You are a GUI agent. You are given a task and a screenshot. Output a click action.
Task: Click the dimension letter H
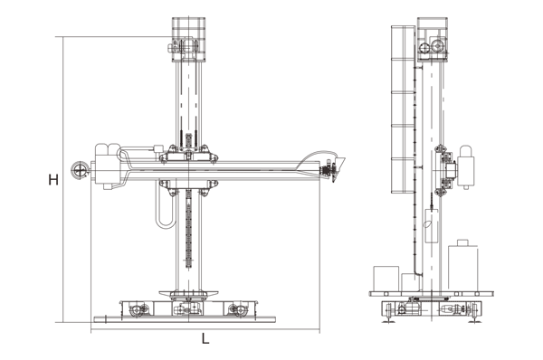point(53,180)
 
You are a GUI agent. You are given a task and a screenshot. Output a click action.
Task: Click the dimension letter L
point(205,338)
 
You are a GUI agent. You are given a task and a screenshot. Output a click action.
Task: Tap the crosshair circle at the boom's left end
point(80,170)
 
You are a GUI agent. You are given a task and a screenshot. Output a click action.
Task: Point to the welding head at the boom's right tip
point(333,170)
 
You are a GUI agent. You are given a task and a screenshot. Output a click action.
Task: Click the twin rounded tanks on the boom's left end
point(106,149)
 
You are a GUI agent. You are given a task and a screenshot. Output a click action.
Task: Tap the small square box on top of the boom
point(158,149)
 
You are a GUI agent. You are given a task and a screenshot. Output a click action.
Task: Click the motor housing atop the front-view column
point(188,40)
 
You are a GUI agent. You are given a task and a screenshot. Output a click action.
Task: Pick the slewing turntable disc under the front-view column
point(188,294)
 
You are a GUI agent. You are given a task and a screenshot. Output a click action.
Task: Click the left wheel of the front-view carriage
point(136,309)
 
